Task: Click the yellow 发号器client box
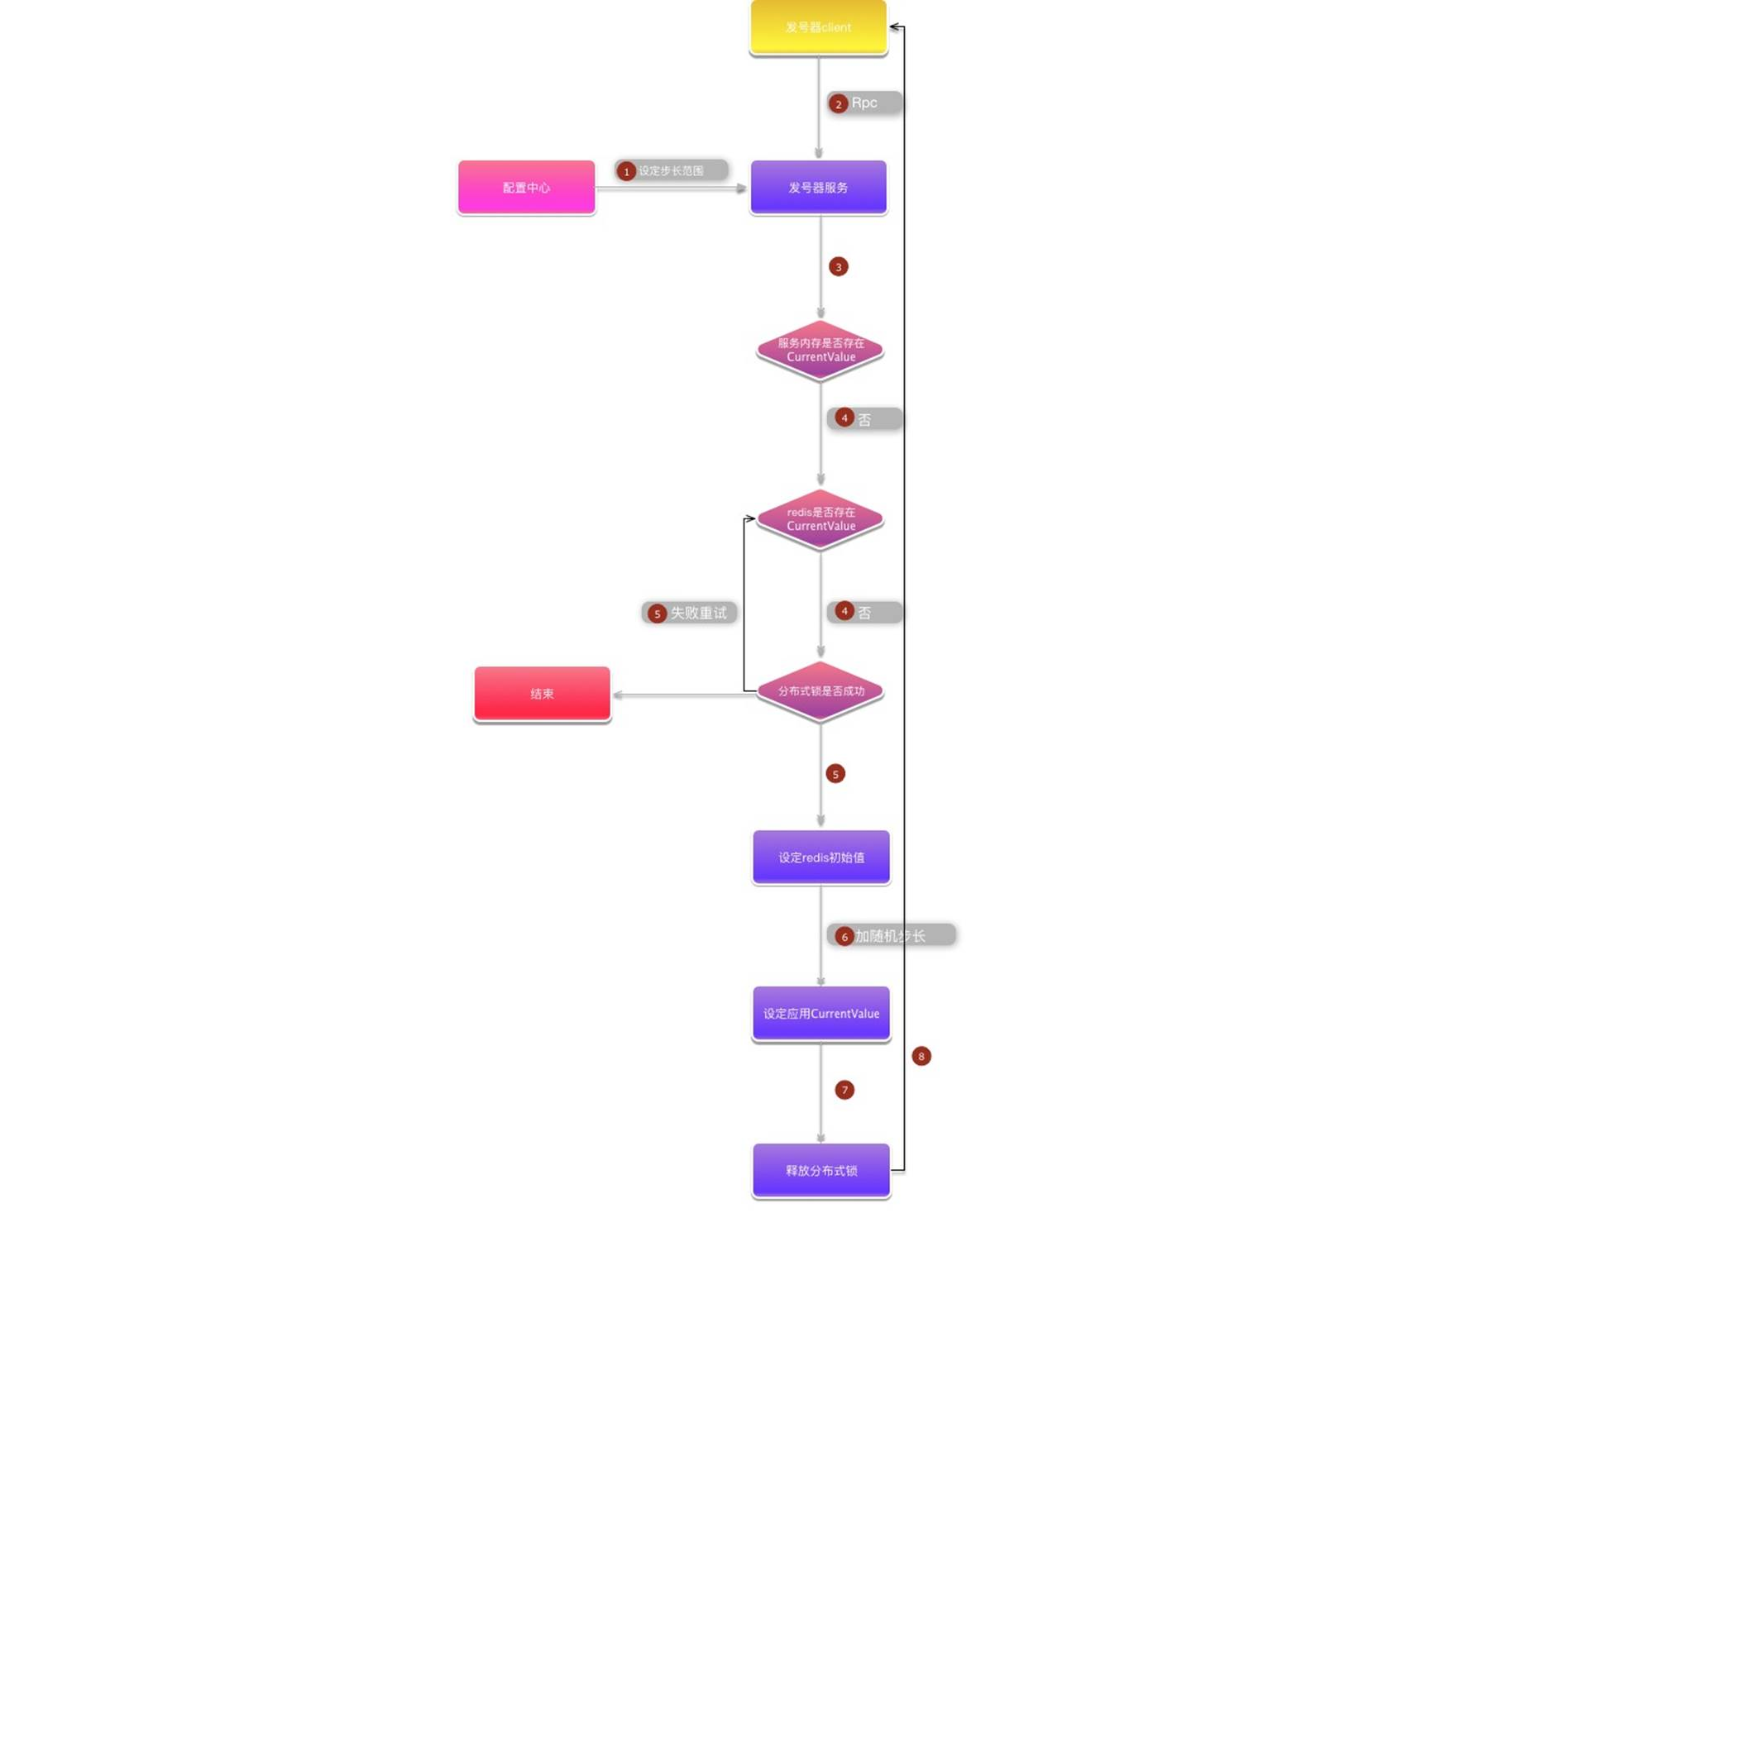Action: (818, 27)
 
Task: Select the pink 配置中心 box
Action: (526, 187)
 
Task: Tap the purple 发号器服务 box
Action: (818, 187)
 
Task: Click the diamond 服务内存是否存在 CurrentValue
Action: (820, 350)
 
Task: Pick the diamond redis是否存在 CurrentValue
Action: (820, 518)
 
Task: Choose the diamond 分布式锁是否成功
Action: (820, 691)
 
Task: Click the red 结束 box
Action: (541, 693)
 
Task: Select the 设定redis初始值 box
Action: (820, 857)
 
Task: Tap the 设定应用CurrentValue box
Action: (820, 1013)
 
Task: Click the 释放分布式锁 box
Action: (820, 1170)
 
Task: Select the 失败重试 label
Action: (698, 613)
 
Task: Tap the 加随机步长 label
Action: (891, 935)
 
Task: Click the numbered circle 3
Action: (838, 266)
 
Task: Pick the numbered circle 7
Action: (844, 1090)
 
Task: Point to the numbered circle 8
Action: (921, 1055)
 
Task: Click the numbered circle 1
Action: (625, 172)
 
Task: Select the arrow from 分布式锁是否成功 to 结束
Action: (683, 695)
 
